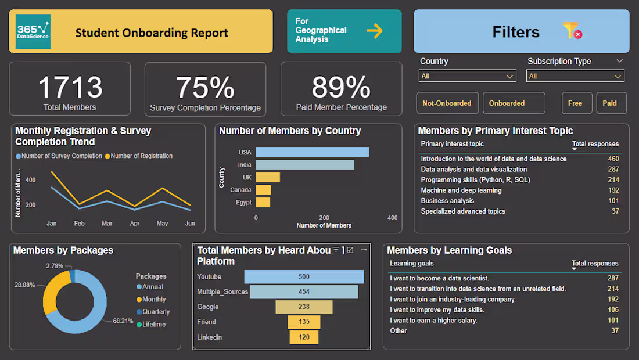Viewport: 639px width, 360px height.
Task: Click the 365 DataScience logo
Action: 33,32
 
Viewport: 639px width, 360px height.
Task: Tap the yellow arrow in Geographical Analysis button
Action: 375,31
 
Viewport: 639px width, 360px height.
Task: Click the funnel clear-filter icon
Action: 572,31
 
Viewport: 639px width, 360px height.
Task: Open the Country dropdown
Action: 468,76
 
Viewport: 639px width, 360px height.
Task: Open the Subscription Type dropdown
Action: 575,76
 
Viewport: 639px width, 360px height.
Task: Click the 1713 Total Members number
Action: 70,87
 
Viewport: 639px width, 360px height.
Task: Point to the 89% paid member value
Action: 341,87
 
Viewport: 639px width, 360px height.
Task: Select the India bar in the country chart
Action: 304,165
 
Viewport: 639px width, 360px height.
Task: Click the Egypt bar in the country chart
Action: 263,203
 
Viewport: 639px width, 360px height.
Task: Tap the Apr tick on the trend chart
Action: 135,224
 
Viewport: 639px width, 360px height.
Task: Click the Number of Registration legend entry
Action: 141,156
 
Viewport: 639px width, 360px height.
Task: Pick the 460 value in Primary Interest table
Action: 613,159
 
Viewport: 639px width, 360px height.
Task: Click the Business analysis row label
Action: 447,201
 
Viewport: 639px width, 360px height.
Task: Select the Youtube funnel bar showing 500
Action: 304,277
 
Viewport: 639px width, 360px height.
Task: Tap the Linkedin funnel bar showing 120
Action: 304,337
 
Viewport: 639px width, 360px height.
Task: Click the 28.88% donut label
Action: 25,285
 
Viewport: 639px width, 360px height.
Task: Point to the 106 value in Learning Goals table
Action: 613,310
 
